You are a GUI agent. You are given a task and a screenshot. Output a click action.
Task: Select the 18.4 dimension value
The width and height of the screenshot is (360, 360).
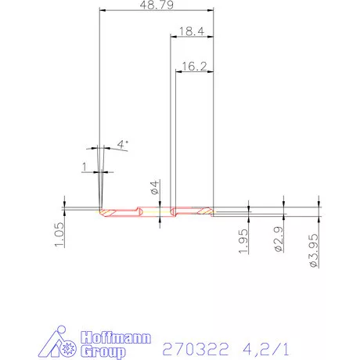[x=192, y=31]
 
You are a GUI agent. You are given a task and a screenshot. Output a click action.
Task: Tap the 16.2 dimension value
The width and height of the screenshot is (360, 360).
[x=192, y=67]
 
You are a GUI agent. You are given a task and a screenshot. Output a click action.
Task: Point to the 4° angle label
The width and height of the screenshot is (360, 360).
[x=122, y=144]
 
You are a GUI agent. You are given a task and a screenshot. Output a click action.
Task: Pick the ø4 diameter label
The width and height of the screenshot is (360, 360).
[x=155, y=188]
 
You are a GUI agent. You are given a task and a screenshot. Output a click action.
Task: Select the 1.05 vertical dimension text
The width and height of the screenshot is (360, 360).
[x=59, y=234]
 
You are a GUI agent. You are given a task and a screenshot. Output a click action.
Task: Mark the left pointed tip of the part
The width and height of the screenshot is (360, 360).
[x=100, y=210]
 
